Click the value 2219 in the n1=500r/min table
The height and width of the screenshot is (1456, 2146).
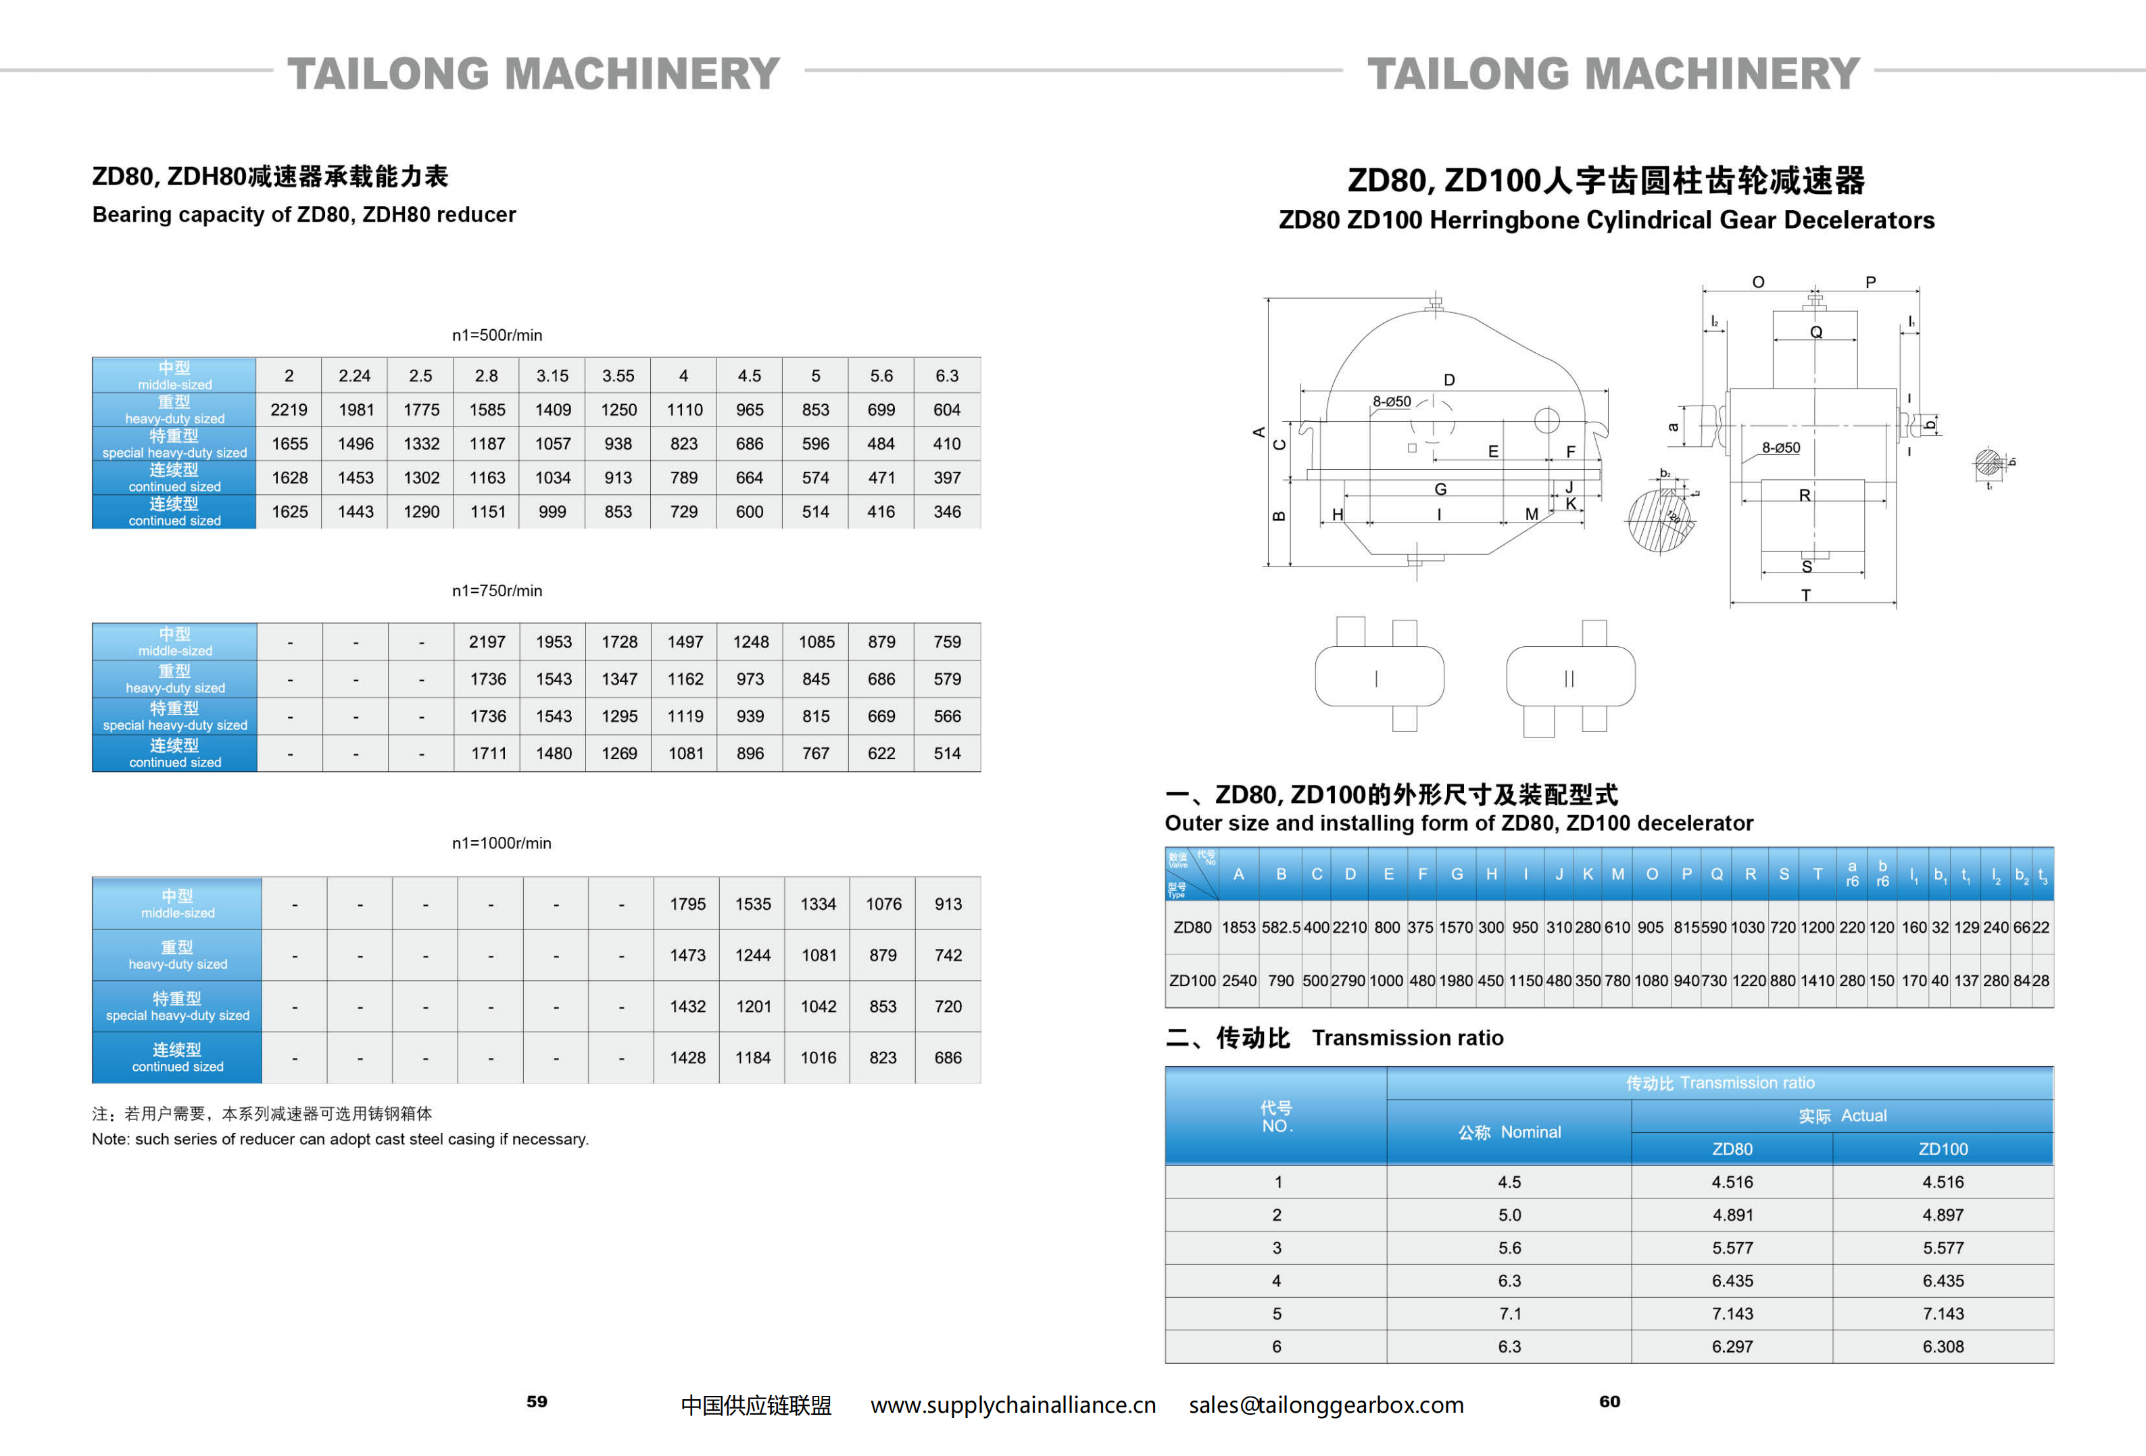click(289, 410)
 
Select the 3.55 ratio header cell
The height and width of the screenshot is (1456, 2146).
click(618, 376)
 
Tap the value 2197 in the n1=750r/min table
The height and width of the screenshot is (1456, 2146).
click(487, 641)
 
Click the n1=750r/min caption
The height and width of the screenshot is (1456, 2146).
click(497, 591)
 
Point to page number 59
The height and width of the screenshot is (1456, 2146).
click(537, 1401)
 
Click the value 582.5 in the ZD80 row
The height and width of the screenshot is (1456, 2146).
click(1281, 927)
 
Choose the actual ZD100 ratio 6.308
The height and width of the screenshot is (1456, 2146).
click(1942, 1346)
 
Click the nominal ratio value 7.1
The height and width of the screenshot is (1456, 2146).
click(1509, 1313)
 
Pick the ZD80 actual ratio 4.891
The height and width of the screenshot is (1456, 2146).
click(1732, 1215)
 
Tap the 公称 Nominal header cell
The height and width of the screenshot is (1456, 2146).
click(1509, 1132)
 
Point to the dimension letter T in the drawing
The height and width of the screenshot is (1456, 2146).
click(1806, 596)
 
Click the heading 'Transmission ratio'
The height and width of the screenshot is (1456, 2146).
click(1407, 1038)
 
